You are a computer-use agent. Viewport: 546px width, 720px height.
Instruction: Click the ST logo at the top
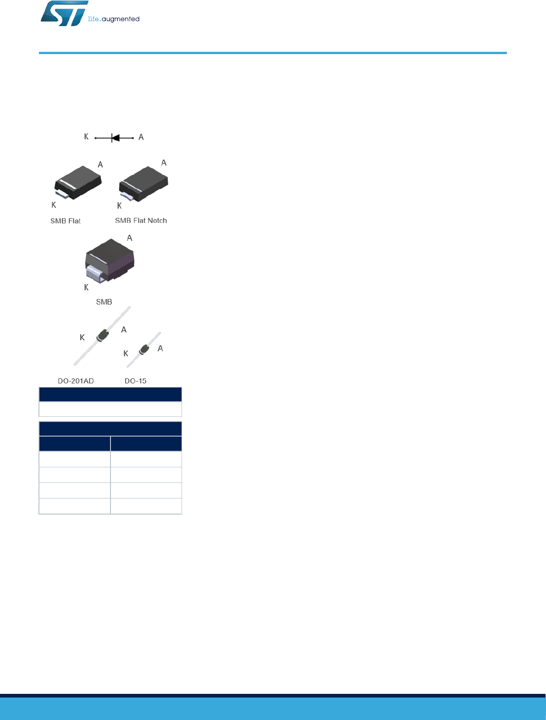pyautogui.click(x=64, y=13)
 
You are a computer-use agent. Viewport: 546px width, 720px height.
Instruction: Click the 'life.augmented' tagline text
pyautogui.click(x=114, y=19)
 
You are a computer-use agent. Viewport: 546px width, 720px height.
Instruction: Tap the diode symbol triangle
pyautogui.click(x=116, y=138)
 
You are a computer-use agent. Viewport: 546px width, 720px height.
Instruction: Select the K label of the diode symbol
pyautogui.click(x=86, y=137)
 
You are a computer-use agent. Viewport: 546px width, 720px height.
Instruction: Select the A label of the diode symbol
pyautogui.click(x=141, y=137)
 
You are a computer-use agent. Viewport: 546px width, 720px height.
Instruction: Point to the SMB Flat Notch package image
pyautogui.click(x=143, y=183)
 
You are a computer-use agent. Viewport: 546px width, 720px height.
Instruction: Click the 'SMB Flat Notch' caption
pyautogui.click(x=141, y=221)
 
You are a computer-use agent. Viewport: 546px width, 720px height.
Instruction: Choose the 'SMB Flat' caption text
pyautogui.click(x=66, y=221)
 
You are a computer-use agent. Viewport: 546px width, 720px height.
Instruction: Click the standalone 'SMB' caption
pyautogui.click(x=104, y=302)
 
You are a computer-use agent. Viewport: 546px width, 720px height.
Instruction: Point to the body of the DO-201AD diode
pyautogui.click(x=103, y=336)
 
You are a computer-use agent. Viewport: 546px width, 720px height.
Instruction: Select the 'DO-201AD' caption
pyautogui.click(x=76, y=381)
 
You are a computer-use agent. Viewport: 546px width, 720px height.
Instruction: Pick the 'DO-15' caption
pyautogui.click(x=136, y=381)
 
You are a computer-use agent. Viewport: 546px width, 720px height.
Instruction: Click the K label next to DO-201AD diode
pyautogui.click(x=82, y=338)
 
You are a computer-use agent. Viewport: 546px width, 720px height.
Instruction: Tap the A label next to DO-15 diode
pyautogui.click(x=160, y=349)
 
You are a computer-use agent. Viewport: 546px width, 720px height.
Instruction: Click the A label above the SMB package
pyautogui.click(x=130, y=238)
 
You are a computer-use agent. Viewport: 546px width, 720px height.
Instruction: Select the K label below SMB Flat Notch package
pyautogui.click(x=119, y=206)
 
